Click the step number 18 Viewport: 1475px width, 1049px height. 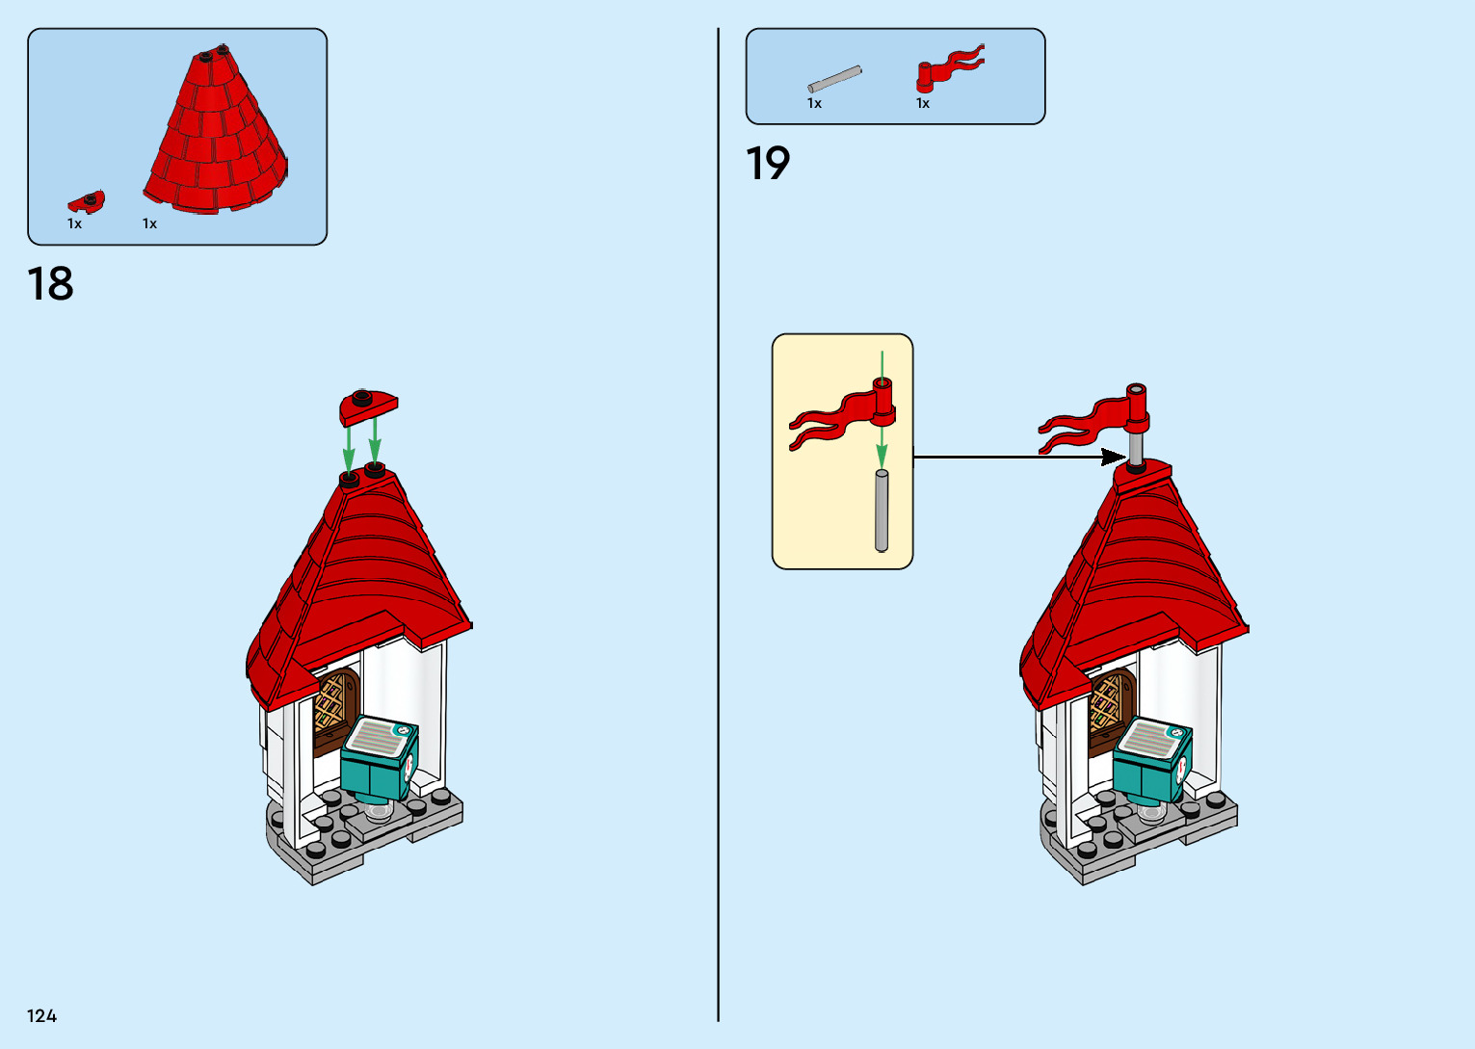point(50,284)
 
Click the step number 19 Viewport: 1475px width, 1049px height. point(768,164)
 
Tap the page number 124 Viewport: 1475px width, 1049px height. point(42,1015)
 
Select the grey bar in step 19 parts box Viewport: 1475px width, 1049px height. point(834,80)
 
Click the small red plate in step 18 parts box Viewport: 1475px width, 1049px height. point(87,201)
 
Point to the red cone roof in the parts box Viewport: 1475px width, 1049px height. point(217,135)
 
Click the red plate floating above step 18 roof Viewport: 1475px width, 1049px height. point(368,406)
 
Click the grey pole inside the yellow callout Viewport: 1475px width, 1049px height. point(881,511)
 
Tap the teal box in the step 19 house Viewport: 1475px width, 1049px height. point(1152,760)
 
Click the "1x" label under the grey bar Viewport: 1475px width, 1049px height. point(814,103)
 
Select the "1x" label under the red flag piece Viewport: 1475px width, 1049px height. point(923,103)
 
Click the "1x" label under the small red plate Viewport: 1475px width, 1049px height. point(74,223)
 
